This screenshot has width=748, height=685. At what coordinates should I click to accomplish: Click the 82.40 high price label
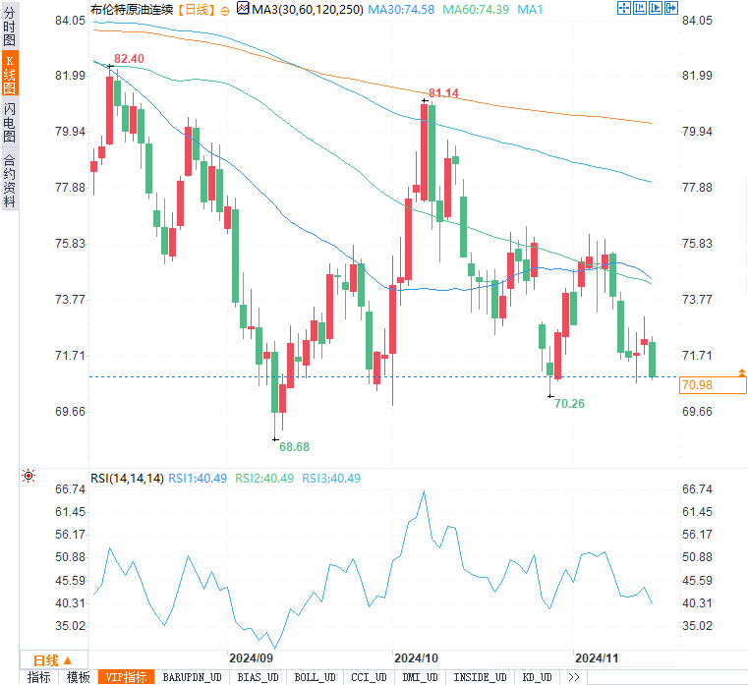[x=129, y=59]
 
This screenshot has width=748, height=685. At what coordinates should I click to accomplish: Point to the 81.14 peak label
[x=443, y=93]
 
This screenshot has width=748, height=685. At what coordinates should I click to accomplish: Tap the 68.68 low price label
[x=294, y=446]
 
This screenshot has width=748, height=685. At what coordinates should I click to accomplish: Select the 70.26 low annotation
[x=570, y=403]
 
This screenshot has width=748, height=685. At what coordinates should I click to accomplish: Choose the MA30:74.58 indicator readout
[x=400, y=9]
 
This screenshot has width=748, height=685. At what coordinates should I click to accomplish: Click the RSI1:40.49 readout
[x=198, y=479]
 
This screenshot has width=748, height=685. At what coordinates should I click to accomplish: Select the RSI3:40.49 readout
[x=331, y=479]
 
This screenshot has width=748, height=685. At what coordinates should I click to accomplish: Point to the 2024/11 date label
[x=596, y=656]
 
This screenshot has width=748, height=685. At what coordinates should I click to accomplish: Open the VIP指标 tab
[x=128, y=677]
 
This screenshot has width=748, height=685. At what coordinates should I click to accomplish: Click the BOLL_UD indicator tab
[x=315, y=677]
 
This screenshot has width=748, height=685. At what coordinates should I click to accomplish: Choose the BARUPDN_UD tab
[x=194, y=677]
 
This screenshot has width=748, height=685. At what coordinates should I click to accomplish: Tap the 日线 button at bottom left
[x=46, y=659]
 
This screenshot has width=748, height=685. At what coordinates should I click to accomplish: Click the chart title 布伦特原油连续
[x=131, y=9]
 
